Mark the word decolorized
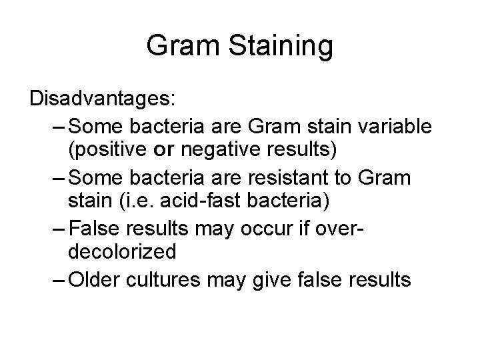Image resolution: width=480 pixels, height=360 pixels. click(x=122, y=251)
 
